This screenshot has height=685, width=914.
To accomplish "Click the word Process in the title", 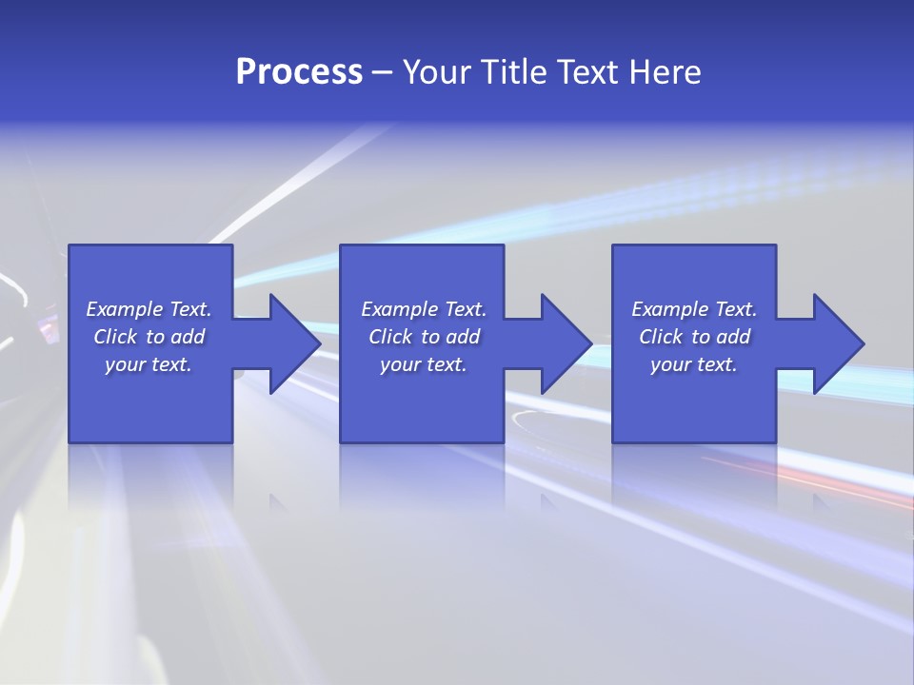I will pos(299,72).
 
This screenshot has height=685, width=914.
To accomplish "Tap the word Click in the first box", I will pos(114,337).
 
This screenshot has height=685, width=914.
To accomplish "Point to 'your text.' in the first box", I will pos(149,364).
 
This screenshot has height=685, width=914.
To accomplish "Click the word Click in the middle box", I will pos(389,337).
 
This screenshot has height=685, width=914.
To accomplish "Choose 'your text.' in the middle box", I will pos(424,364).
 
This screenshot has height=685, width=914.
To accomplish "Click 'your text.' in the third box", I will pos(694,364).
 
